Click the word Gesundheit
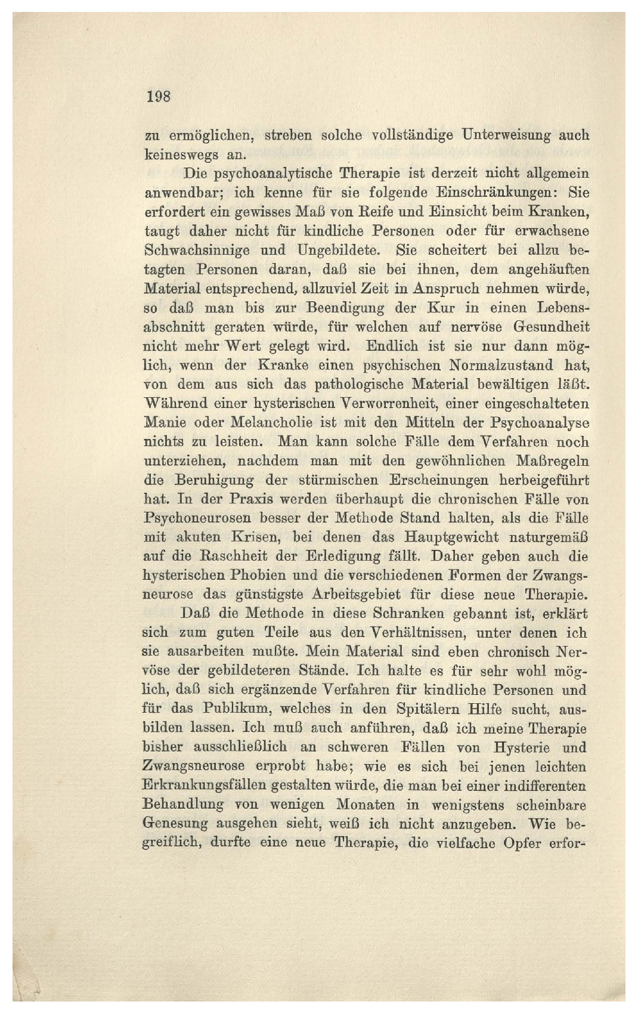(x=551, y=327)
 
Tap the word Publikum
(x=250, y=709)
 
